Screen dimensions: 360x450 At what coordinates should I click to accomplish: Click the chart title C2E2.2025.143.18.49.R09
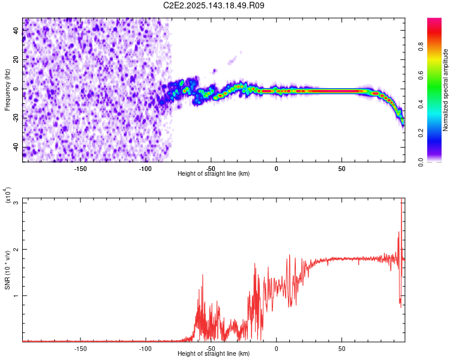tap(214, 5)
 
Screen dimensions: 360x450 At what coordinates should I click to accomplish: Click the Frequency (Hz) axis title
tap(7, 89)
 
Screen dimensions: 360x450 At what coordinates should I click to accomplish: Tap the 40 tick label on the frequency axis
tap(16, 31)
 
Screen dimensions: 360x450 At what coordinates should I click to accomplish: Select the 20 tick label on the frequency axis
tap(16, 60)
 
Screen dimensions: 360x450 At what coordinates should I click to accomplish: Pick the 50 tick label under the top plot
tap(341, 169)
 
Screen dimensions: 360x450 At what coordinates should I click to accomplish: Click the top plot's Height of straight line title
tap(214, 174)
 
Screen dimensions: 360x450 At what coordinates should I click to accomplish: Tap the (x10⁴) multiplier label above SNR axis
tap(9, 195)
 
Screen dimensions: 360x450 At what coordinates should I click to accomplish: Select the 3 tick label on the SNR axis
tap(16, 203)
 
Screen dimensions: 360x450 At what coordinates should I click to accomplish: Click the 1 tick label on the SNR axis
tap(16, 296)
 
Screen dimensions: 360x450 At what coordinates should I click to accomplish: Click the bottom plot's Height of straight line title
tap(214, 354)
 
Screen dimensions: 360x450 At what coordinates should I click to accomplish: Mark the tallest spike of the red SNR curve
tap(401, 200)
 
